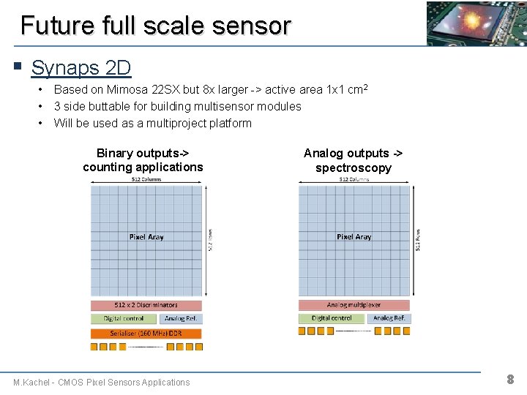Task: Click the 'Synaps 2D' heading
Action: click(81, 68)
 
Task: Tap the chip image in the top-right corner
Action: click(476, 23)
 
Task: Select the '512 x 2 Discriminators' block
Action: click(146, 305)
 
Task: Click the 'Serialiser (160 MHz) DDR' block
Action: click(146, 333)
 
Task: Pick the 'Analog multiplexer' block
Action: click(354, 304)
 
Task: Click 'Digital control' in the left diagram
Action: click(124, 318)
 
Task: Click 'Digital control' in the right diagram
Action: click(332, 318)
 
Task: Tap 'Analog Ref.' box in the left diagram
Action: click(180, 318)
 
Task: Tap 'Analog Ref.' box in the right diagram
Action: click(389, 318)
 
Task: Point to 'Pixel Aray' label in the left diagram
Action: click(146, 237)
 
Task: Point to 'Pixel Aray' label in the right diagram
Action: click(354, 237)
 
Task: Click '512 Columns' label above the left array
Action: click(146, 179)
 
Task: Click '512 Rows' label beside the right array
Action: click(418, 237)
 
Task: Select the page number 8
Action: click(510, 379)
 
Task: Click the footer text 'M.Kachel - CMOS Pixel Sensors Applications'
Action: click(101, 382)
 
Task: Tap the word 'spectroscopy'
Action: click(354, 168)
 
